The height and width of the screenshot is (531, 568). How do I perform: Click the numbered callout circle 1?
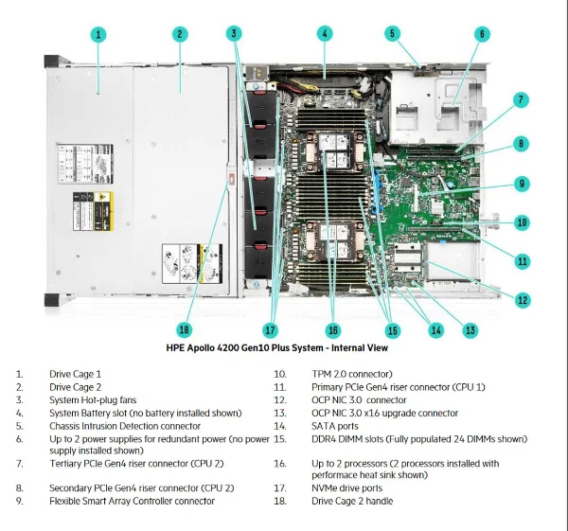tap(98, 35)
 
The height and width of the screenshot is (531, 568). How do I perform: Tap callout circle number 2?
tap(179, 35)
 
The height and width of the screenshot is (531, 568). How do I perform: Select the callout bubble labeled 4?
tap(325, 34)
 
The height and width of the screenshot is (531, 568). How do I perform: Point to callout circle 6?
tap(481, 35)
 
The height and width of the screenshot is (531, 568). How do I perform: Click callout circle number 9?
tap(522, 184)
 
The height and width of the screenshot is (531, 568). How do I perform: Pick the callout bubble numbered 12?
tap(523, 300)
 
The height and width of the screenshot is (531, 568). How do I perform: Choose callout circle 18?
tap(185, 329)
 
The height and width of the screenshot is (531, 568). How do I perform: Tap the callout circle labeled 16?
tap(332, 330)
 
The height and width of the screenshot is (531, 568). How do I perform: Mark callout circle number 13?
tap(470, 329)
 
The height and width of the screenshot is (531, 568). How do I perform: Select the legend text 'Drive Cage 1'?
tap(75, 374)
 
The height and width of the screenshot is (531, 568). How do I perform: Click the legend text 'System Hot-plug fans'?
tap(93, 399)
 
